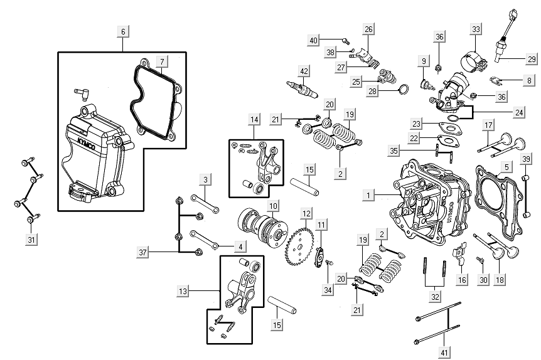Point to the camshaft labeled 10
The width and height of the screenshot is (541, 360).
click(x=259, y=226)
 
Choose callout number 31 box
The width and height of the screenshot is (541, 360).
click(x=30, y=240)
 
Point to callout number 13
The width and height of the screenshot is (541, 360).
click(x=183, y=292)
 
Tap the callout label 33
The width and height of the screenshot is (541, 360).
click(x=476, y=29)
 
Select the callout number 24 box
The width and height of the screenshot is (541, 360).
click(x=518, y=113)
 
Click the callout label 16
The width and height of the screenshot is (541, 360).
click(x=461, y=280)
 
